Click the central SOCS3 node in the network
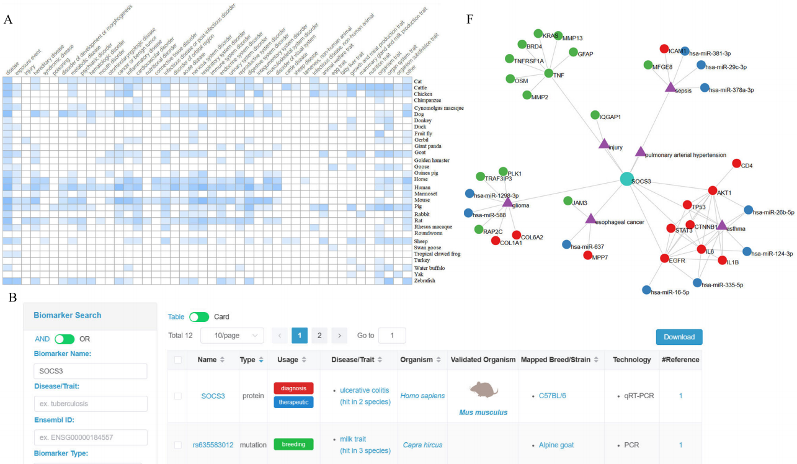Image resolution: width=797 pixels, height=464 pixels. (628, 179)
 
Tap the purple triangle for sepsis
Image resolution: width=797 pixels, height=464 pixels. (670, 88)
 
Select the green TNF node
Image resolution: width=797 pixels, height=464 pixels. (548, 74)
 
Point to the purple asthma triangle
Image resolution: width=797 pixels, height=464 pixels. (721, 225)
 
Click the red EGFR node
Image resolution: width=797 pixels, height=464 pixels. (664, 258)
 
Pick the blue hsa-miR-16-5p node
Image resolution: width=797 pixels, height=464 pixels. (647, 289)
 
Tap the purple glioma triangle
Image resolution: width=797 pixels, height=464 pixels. (507, 202)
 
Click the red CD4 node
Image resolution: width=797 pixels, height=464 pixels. (736, 163)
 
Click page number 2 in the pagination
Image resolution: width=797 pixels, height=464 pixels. (319, 336)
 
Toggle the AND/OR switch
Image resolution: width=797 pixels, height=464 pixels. (64, 339)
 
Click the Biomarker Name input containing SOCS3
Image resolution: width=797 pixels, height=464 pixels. (90, 371)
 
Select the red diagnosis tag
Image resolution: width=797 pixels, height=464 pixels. (293, 388)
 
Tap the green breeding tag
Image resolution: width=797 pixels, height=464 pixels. (293, 444)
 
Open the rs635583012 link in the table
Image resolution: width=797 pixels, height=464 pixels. (213, 445)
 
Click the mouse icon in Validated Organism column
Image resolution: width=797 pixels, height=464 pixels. (483, 390)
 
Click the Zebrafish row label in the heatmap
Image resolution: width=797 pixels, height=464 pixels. (425, 281)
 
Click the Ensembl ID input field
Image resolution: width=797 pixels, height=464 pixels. (90, 437)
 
